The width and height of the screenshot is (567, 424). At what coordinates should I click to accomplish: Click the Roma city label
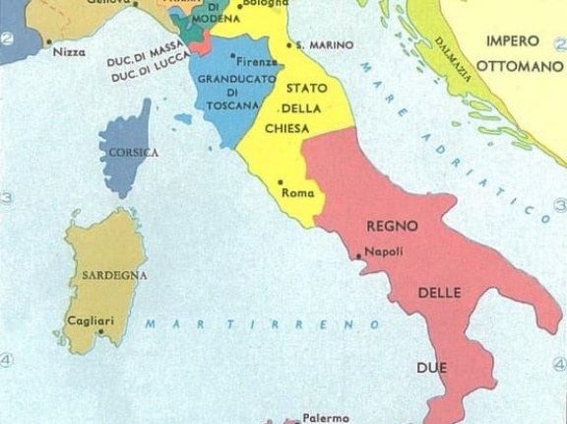298,193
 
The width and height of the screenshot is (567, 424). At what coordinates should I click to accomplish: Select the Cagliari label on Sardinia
90,319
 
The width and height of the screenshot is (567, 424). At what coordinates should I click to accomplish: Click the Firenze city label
257,61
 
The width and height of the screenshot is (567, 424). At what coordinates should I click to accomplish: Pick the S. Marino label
312,45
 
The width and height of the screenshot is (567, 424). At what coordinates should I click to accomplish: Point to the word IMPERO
511,40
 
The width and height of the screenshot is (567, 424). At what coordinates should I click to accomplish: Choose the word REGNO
392,226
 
